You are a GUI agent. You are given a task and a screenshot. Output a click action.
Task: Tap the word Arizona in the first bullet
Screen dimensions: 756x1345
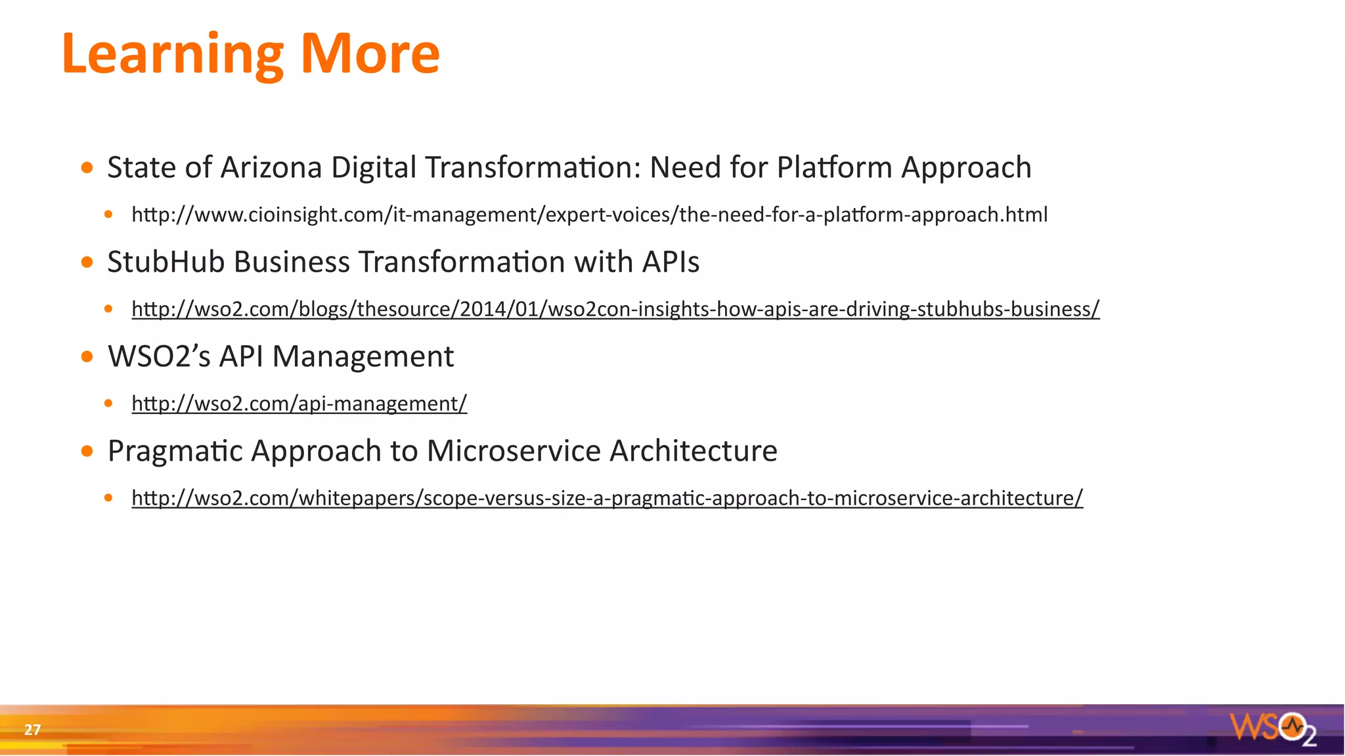(271, 167)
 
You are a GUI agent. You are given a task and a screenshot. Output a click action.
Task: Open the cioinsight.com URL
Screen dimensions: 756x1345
(589, 215)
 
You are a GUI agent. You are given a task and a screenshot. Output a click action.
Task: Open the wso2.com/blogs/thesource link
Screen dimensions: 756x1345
(615, 309)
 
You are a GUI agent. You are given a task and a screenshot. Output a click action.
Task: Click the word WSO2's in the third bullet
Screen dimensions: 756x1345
(159, 356)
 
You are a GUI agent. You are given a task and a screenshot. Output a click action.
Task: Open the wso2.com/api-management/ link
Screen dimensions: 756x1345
(299, 404)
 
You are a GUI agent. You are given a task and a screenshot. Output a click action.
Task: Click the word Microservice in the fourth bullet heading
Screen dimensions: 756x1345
(514, 451)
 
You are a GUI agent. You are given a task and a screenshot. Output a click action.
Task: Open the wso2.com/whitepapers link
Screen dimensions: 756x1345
(607, 498)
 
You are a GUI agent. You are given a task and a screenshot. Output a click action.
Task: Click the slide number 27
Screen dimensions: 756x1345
(32, 730)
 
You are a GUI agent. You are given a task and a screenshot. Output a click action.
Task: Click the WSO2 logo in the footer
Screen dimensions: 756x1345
(1272, 728)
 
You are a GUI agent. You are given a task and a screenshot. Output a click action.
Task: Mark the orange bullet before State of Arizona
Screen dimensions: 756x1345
(87, 168)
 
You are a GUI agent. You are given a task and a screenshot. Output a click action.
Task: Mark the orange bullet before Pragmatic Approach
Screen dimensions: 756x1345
(87, 451)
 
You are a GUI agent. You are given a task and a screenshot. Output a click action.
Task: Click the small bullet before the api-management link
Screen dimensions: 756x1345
(108, 404)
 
